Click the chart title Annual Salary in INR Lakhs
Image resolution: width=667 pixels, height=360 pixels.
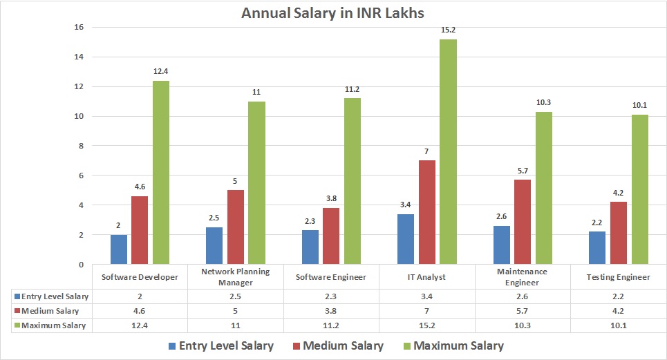click(x=333, y=13)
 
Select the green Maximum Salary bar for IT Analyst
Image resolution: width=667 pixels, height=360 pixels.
click(x=448, y=151)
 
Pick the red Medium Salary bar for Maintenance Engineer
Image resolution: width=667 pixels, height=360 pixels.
click(x=522, y=222)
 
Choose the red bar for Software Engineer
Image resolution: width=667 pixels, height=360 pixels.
click(x=330, y=236)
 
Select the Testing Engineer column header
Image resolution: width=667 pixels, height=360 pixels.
click(x=619, y=277)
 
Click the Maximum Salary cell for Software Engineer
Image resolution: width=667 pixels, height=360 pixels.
click(x=330, y=325)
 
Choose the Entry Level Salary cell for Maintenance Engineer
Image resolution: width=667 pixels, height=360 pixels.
click(x=523, y=296)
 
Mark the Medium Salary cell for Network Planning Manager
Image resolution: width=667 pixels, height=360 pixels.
click(x=235, y=310)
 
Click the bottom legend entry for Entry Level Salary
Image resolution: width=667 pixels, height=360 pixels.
click(x=220, y=345)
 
